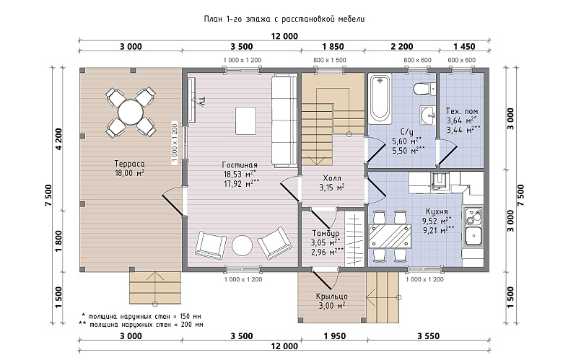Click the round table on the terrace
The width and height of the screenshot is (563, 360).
coord(131,112)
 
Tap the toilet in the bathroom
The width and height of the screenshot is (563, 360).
coord(424,88)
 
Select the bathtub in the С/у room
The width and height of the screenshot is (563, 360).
coord(380,98)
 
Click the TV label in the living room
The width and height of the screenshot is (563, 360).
coord(202,101)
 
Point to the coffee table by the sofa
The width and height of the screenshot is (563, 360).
coord(245,120)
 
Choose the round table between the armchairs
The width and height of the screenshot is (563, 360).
coord(242,245)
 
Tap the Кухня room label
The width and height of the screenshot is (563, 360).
coord(437,211)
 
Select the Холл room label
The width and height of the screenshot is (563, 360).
coord(332,178)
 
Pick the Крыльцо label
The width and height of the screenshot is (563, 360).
coord(332,297)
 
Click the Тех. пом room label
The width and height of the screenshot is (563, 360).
coord(462,111)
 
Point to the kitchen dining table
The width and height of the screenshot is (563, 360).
coord(390,236)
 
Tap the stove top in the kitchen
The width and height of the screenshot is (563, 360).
coord(473,216)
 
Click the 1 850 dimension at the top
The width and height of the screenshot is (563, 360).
coord(333,46)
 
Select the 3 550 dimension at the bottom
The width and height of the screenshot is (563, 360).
coord(428,336)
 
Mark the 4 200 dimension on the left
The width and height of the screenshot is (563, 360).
coord(58,139)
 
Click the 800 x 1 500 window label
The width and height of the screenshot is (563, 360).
coord(330,61)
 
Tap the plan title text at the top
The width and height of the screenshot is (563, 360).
coord(284,19)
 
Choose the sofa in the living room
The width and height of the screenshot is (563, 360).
coord(284,120)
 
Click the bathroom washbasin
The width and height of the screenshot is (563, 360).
coord(428,115)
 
